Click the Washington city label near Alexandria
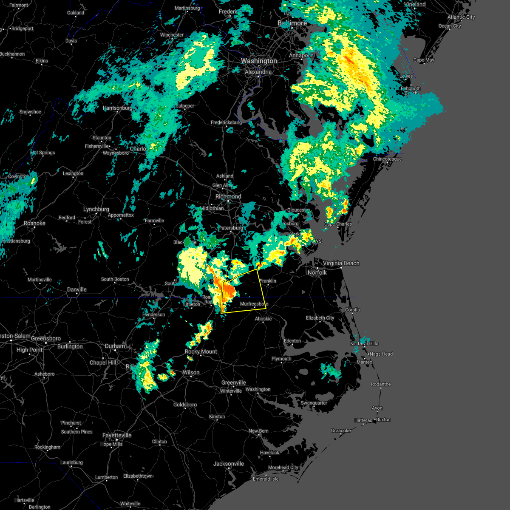click(x=259, y=61)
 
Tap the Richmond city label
click(x=228, y=197)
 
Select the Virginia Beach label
click(x=341, y=263)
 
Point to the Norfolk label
click(x=317, y=272)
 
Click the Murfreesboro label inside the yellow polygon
click(x=254, y=304)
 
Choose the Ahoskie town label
click(x=263, y=319)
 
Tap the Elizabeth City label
click(x=320, y=318)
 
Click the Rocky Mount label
click(x=201, y=352)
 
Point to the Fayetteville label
click(x=117, y=436)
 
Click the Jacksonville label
click(x=229, y=464)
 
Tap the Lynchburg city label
click(x=96, y=210)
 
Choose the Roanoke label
click(x=34, y=224)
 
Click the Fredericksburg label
click(x=226, y=123)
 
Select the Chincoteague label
click(x=387, y=159)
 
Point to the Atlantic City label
click(x=461, y=17)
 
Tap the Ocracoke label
click(x=341, y=431)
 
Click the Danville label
click(x=77, y=290)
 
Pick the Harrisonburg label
click(x=117, y=108)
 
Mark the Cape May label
click(x=424, y=60)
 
